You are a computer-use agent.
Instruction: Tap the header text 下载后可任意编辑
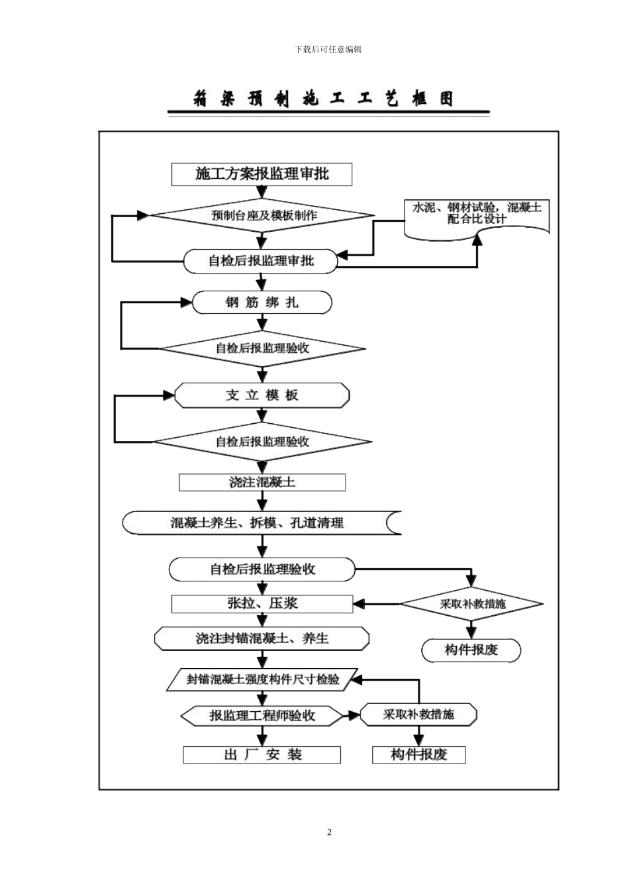click(328, 50)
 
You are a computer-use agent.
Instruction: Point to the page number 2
click(329, 832)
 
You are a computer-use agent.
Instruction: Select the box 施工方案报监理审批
click(262, 174)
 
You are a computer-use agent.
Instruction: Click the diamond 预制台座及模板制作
click(263, 215)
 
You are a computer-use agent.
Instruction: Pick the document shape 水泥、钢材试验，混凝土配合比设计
click(477, 214)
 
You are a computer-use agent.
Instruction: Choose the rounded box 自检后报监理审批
click(261, 261)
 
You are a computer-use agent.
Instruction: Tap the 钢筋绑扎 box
click(262, 303)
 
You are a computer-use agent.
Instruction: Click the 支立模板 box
click(262, 395)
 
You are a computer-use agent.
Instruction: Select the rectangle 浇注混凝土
click(262, 482)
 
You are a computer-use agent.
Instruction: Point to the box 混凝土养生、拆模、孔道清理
click(262, 522)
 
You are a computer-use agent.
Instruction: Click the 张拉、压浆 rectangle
click(262, 603)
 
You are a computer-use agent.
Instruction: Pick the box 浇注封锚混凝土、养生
click(262, 638)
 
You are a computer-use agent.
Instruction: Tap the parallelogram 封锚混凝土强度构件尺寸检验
click(263, 679)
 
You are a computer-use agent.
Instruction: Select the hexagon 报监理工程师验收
click(262, 715)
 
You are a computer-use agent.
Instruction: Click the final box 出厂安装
click(262, 755)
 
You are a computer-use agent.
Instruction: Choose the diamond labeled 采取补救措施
click(471, 604)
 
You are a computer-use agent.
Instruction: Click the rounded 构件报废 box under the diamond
click(471, 650)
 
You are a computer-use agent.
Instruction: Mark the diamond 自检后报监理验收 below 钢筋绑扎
click(262, 348)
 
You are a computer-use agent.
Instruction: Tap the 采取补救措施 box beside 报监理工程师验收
click(418, 715)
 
